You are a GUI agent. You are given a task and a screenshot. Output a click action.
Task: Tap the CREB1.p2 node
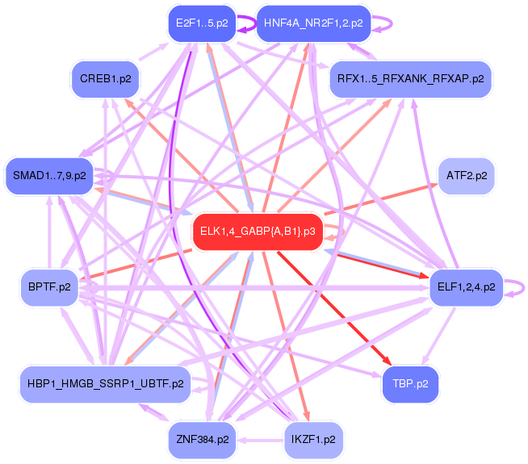[106, 79]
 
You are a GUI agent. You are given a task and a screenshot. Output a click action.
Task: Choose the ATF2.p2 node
[465, 176]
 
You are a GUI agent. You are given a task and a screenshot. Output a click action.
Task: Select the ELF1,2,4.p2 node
[467, 286]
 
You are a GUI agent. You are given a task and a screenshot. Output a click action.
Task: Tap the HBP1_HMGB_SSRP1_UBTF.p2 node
[106, 382]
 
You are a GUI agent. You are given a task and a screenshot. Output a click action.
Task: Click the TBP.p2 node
[411, 382]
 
